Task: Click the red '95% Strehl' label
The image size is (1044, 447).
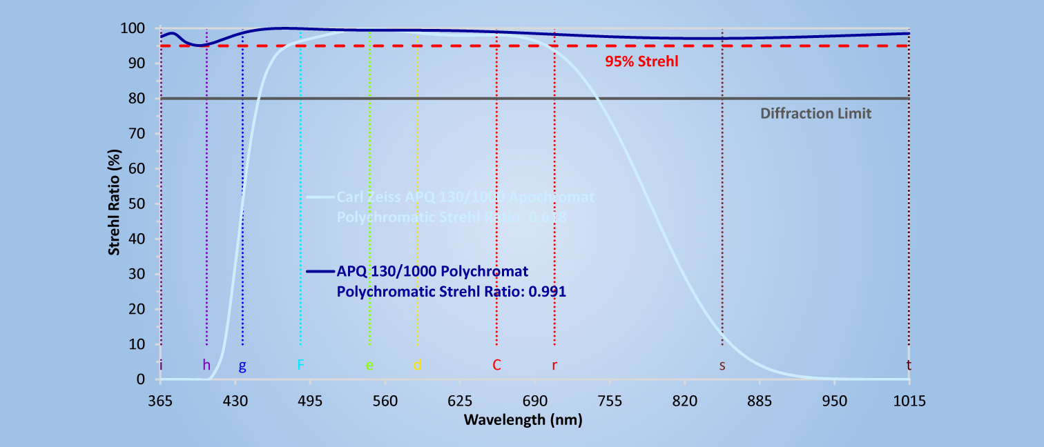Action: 641,61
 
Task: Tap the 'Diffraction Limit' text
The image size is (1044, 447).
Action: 815,113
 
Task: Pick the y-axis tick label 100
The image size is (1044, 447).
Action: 133,28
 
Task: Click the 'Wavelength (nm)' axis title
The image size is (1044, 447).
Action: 523,419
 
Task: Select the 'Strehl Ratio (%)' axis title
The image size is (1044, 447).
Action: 114,204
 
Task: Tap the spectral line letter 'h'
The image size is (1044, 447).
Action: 206,365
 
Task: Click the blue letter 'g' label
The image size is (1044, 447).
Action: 242,366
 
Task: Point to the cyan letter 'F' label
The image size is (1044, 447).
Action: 300,364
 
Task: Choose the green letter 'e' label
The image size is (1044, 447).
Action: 369,365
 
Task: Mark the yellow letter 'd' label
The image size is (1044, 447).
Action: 417,365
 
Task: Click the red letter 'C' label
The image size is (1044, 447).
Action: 496,364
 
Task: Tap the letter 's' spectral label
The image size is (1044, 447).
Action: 722,365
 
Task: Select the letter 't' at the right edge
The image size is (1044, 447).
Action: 908,365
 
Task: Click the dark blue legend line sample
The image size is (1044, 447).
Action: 320,270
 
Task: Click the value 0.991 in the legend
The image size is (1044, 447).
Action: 547,292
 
